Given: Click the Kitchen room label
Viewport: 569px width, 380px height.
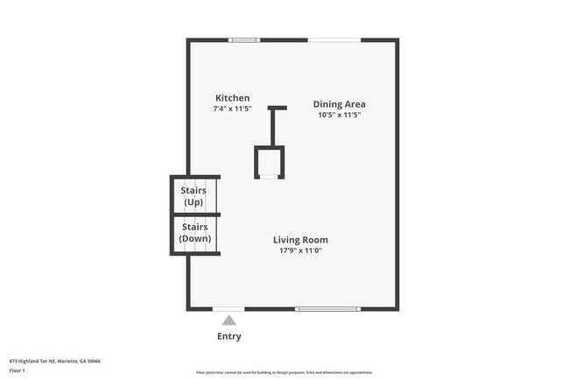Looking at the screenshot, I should tap(232, 98).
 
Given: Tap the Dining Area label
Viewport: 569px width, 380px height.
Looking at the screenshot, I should tap(339, 104).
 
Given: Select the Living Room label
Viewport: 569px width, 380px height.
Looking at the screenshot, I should tap(300, 240).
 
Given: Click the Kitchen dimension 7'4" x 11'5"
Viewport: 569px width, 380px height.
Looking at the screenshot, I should tap(232, 109).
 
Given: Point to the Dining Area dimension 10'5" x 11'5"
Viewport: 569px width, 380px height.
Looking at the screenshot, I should tap(339, 115).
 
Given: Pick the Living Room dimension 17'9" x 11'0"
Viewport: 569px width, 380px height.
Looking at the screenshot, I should tap(300, 251).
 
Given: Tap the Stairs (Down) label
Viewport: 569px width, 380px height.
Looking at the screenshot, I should tap(194, 233).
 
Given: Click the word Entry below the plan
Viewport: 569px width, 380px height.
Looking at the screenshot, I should tap(228, 336).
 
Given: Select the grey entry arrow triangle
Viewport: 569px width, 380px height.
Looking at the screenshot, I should tap(228, 320).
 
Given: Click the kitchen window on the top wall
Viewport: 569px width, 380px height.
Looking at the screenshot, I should tap(244, 40).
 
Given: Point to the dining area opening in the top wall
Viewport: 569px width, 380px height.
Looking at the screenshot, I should tap(334, 40).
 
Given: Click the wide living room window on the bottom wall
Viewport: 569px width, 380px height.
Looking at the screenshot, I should tap(327, 308).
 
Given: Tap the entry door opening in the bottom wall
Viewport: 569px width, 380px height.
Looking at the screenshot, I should tap(228, 308).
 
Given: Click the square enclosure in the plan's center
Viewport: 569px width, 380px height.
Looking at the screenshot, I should tap(270, 163).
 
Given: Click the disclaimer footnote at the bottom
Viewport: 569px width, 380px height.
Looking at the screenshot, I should tap(284, 372).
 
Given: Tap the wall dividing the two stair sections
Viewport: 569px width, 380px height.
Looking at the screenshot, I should tap(194, 215).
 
